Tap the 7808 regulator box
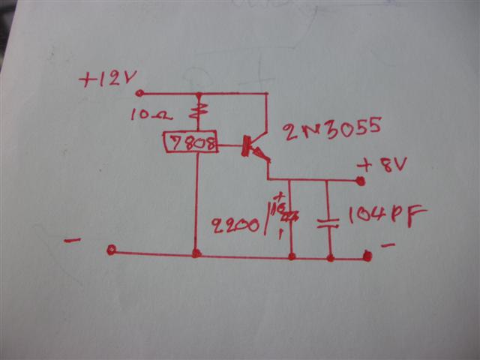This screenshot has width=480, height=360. (x=190, y=142)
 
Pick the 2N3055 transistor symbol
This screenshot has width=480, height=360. (x=250, y=146)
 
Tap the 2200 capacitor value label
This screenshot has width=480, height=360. (x=237, y=223)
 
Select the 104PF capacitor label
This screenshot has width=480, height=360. (x=387, y=215)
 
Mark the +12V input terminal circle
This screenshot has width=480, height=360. (x=139, y=94)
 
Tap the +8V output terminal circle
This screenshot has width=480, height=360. (x=361, y=181)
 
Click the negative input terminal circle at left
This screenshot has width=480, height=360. (x=111, y=250)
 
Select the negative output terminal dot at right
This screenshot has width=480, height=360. (x=367, y=256)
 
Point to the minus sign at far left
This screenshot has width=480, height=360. (x=73, y=241)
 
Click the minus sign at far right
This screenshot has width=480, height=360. (x=387, y=245)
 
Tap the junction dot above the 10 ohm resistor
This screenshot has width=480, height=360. (x=198, y=95)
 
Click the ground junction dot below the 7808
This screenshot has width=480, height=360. (x=196, y=253)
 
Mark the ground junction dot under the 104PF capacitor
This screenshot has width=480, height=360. (x=330, y=257)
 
